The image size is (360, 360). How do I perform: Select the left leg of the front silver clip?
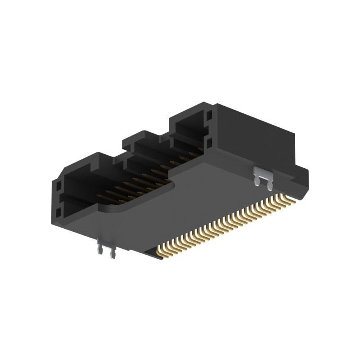pyautogui.click(x=99, y=251)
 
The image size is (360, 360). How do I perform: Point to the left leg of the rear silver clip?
pyautogui.click(x=257, y=181)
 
